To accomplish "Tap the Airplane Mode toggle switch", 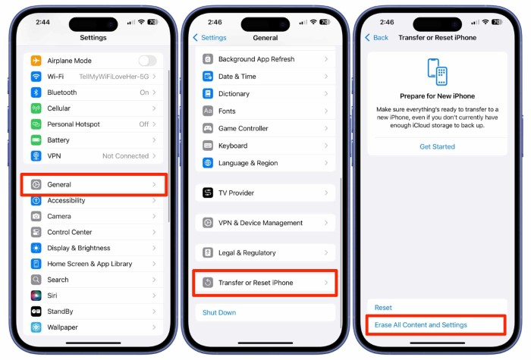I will point(147,61).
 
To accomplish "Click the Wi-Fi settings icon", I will point(36,77).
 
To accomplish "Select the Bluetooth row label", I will point(62,92).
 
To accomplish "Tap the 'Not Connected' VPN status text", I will point(125,156).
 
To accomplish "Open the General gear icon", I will point(36,184).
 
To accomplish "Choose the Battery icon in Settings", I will point(36,140).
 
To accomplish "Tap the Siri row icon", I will point(36,296).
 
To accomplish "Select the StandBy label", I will point(61,311).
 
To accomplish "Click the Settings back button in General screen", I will point(209,37).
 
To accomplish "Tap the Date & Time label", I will point(237,77).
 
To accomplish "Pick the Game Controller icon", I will point(208,129).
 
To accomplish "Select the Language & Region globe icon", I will point(208,163).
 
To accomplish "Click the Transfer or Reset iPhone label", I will point(255,283).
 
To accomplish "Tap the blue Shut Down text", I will point(219,312).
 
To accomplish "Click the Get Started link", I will point(437,146).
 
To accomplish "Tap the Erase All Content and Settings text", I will point(421,325).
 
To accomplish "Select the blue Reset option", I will point(383,308).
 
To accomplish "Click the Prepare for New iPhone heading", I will point(437,96).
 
